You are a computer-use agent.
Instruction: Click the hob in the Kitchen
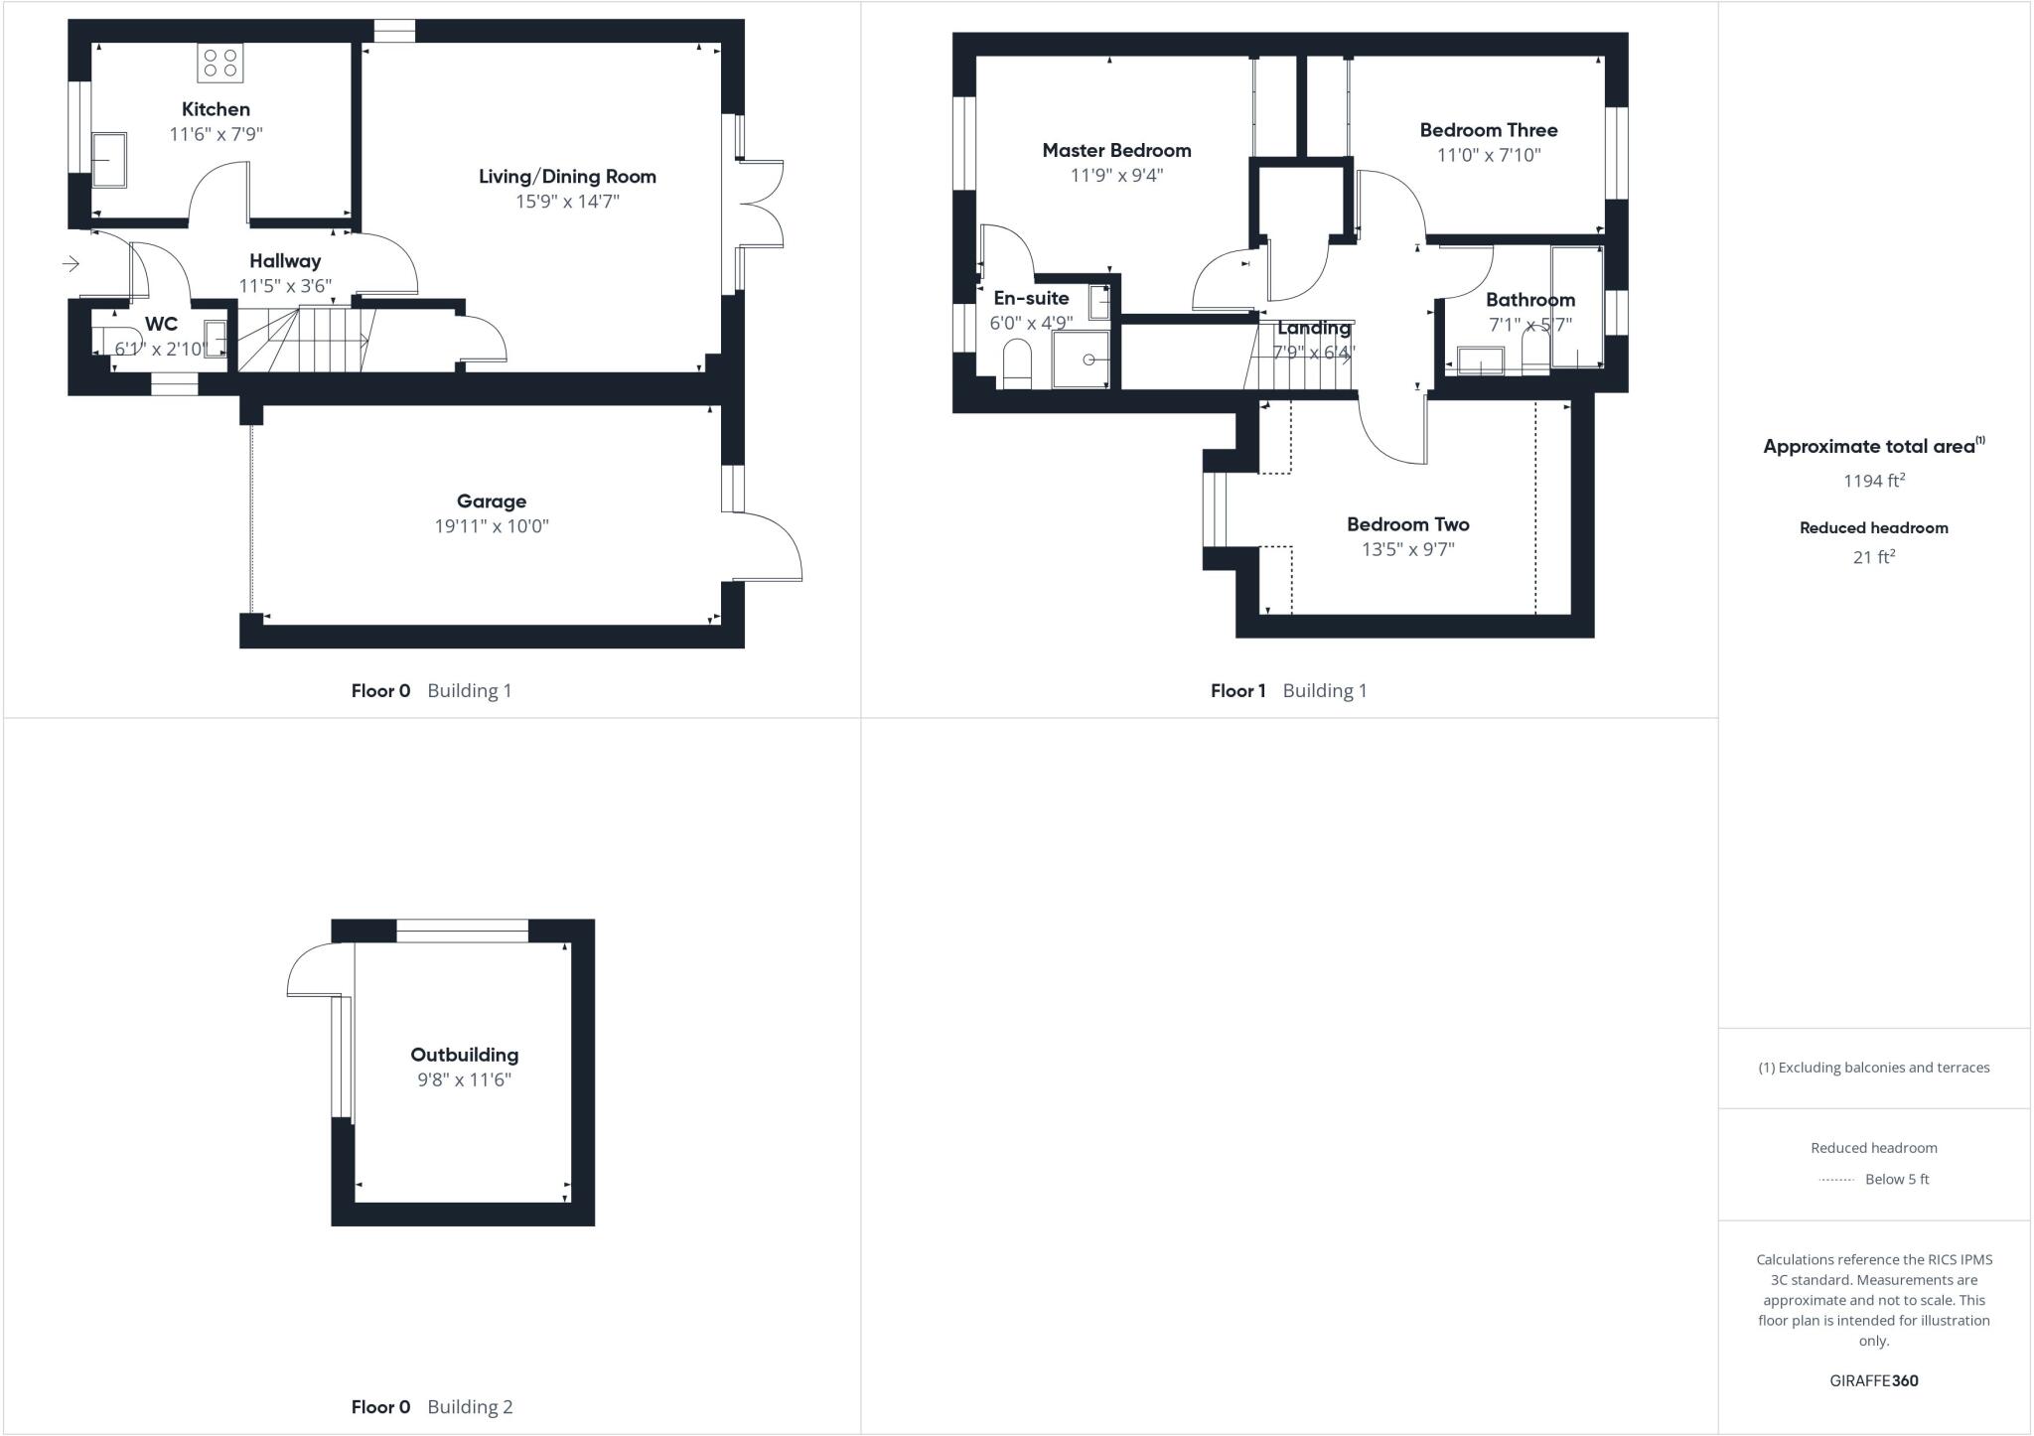click(219, 64)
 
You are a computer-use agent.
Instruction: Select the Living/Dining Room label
click(567, 177)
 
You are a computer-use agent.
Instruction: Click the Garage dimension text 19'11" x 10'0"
click(492, 526)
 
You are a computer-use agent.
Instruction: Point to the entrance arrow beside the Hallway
click(71, 263)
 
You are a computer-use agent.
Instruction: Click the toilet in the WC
click(117, 341)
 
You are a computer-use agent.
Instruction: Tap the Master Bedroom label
click(1116, 151)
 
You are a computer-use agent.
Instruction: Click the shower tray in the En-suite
click(1081, 359)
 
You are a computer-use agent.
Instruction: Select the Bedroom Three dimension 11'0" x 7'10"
click(1489, 155)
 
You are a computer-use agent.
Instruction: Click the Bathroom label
click(1530, 300)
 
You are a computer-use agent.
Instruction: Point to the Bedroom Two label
click(1407, 524)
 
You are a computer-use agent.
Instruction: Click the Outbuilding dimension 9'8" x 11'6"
click(464, 1080)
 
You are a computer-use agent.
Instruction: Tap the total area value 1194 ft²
click(1874, 481)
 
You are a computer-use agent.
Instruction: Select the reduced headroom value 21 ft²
click(1874, 557)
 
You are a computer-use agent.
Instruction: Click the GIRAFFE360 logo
click(1874, 1380)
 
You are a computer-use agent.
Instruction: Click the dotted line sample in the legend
click(1836, 1180)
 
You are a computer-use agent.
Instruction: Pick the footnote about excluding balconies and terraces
click(1874, 1068)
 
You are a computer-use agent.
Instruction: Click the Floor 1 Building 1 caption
click(1288, 691)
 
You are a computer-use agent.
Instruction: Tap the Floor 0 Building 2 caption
click(432, 1406)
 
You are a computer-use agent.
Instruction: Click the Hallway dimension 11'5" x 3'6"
click(285, 286)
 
